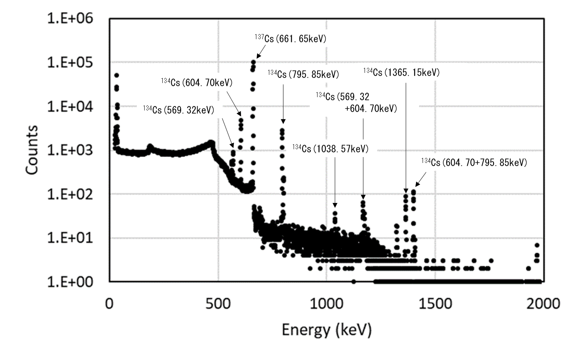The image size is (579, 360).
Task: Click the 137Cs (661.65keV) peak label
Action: [x=290, y=39]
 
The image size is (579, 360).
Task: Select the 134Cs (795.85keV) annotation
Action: [x=303, y=74]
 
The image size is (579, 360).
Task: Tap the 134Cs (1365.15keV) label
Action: [x=401, y=72]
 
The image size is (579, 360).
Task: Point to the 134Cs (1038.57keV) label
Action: [x=330, y=148]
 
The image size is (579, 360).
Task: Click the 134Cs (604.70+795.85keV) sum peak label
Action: [x=474, y=162]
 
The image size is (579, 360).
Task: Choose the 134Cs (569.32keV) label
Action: [x=178, y=110]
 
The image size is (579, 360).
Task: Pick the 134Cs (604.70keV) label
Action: [x=197, y=83]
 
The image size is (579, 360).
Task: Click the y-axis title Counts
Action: [x=32, y=150]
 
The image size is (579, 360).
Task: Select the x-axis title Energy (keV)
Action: [x=326, y=330]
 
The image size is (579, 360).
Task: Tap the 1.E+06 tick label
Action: [x=70, y=18]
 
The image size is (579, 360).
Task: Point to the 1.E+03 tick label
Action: [x=70, y=150]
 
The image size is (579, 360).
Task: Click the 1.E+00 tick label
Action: [x=70, y=282]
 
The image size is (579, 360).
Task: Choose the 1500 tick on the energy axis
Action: [x=435, y=304]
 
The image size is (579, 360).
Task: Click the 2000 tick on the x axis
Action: [x=543, y=304]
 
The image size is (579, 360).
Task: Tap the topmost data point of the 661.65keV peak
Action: [x=253, y=62]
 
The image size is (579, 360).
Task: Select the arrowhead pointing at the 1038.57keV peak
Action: [x=335, y=205]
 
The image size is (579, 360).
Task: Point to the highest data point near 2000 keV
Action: [x=537, y=245]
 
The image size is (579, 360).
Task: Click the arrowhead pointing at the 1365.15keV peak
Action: [x=406, y=191]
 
